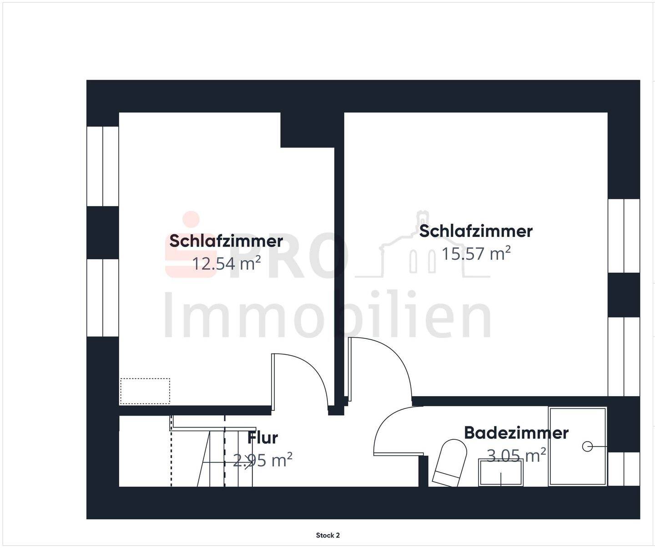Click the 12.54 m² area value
coord(226,263)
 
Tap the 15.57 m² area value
coord(476,253)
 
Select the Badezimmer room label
coord(516,432)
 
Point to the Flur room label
coord(262,438)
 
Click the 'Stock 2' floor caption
coord(327,535)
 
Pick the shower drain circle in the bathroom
coord(587,447)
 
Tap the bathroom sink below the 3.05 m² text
coord(500,473)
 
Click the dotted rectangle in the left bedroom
coord(145,391)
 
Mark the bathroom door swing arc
coord(393,430)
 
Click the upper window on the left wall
coord(103,166)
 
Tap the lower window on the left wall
coord(103,298)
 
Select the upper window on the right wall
coord(624,236)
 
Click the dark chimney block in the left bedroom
coord(307,130)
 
